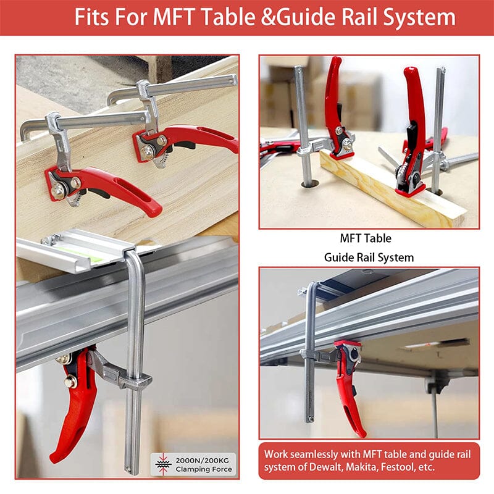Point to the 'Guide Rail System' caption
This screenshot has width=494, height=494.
pos(369,256)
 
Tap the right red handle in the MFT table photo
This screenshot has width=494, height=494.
pos(414,105)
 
